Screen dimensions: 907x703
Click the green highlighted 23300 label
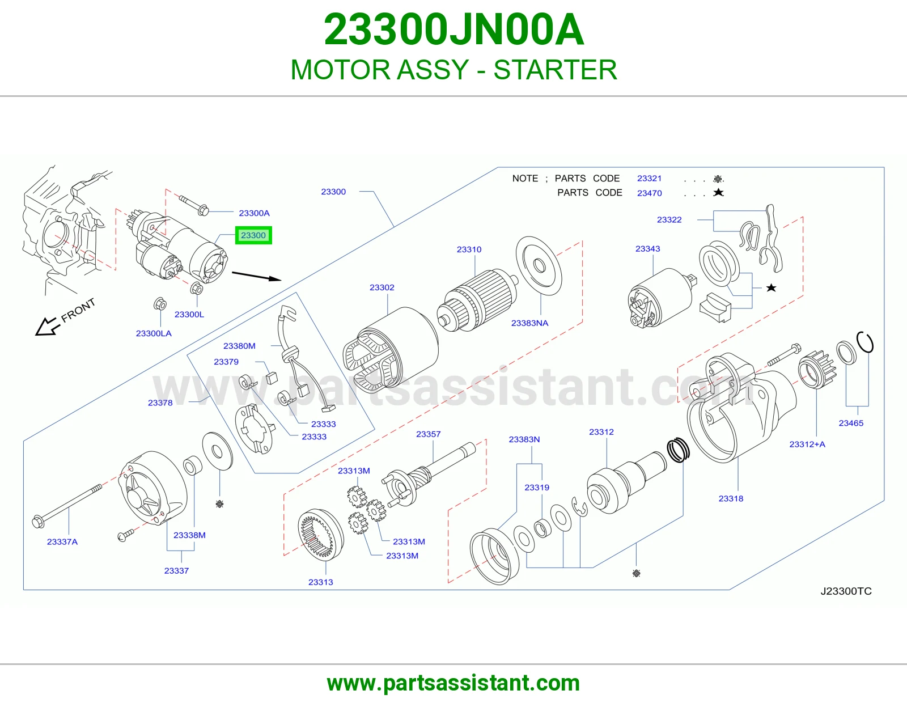(x=253, y=235)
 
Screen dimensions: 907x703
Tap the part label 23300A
(x=254, y=213)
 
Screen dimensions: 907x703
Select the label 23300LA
(x=154, y=333)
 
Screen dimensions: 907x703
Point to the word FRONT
(x=78, y=311)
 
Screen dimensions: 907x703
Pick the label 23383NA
(x=529, y=323)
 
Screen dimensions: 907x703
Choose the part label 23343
(x=648, y=249)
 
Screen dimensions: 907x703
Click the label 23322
(x=669, y=219)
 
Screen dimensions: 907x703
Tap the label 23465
(x=851, y=423)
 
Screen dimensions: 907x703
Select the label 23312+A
(x=807, y=444)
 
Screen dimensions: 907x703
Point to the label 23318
(x=731, y=498)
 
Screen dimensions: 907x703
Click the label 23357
(x=428, y=434)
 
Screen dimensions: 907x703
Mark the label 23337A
(x=62, y=542)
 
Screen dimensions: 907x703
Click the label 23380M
(x=239, y=346)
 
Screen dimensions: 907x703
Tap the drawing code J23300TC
(x=846, y=591)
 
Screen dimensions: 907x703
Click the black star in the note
(x=718, y=192)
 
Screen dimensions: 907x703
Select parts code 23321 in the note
(x=650, y=178)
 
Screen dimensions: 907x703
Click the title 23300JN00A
(x=453, y=29)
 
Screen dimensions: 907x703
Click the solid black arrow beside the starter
(x=257, y=276)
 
